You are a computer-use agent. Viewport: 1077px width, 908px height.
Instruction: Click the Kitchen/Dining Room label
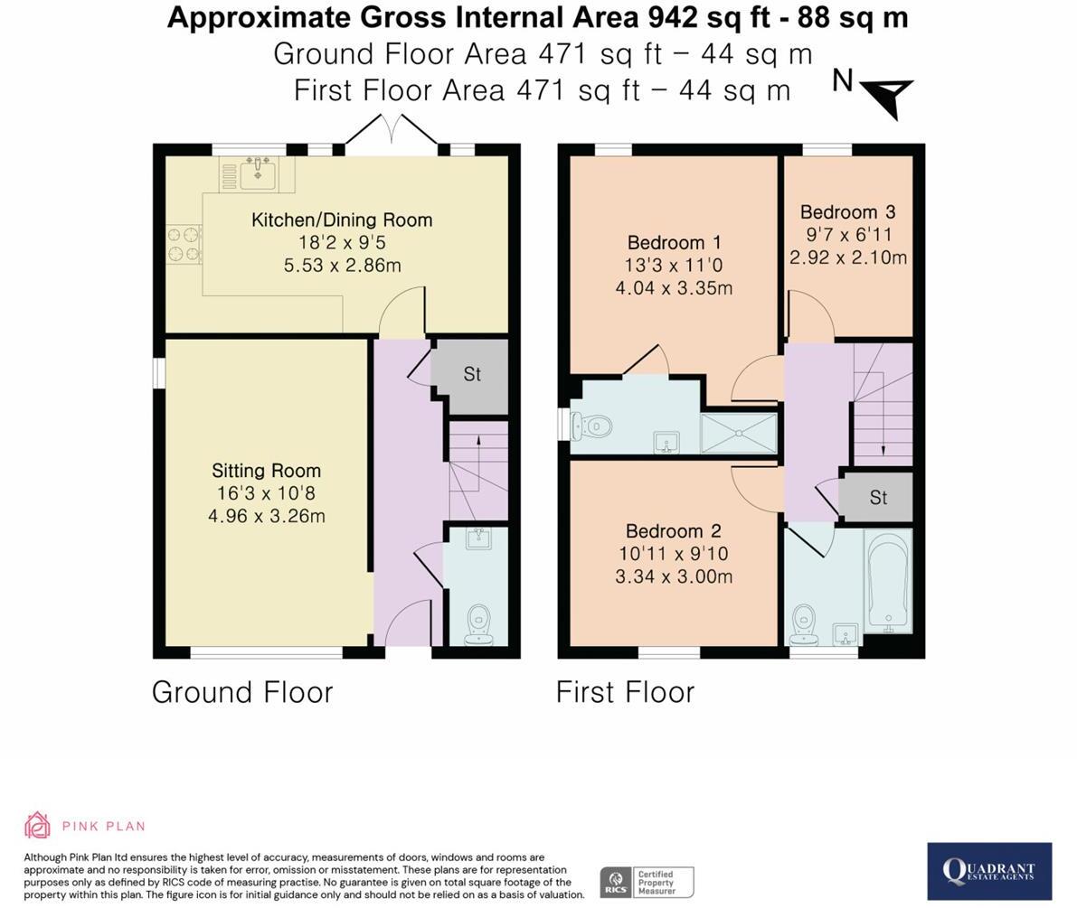tap(342, 220)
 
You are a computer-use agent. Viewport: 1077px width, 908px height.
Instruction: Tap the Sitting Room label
tap(267, 471)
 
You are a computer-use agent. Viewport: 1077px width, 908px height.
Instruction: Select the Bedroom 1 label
tap(674, 243)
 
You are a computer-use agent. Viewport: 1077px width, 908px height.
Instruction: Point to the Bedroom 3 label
tap(847, 212)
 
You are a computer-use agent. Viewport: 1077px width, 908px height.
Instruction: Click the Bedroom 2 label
tap(673, 531)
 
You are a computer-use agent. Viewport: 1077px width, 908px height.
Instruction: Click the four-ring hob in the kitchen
tap(184, 244)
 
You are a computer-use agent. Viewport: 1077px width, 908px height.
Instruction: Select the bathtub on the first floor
tap(890, 581)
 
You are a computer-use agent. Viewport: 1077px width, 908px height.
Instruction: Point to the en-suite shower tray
tap(739, 433)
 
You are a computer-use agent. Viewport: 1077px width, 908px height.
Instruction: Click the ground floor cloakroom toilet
tap(478, 625)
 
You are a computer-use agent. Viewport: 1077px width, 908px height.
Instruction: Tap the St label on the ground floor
tap(472, 374)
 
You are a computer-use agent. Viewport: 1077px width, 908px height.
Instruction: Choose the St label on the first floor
tap(878, 498)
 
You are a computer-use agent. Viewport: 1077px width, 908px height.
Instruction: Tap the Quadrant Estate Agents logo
tap(989, 871)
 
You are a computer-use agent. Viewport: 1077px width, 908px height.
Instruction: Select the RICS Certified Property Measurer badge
tap(647, 882)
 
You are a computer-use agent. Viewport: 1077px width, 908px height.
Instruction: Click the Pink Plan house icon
tap(37, 825)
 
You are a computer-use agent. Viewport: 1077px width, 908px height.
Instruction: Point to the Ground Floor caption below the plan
tap(242, 692)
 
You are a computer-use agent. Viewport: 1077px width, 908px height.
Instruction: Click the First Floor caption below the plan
tap(625, 692)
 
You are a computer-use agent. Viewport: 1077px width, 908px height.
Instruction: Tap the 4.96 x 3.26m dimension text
tap(267, 516)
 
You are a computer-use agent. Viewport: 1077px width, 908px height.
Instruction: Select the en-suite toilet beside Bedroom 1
tap(591, 426)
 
